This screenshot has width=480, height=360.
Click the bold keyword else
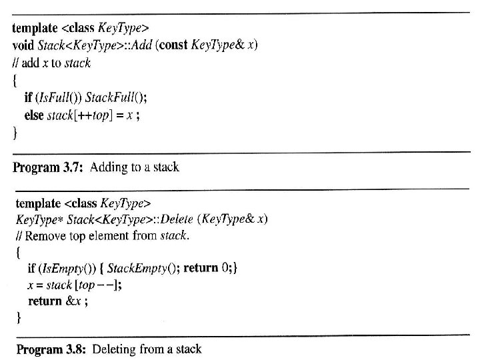pyautogui.click(x=34, y=115)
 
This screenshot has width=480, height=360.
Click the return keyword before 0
pyautogui.click(x=201, y=268)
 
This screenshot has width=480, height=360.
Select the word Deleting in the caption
pyautogui.click(x=115, y=349)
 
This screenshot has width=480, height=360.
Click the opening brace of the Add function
pyautogui.click(x=16, y=80)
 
